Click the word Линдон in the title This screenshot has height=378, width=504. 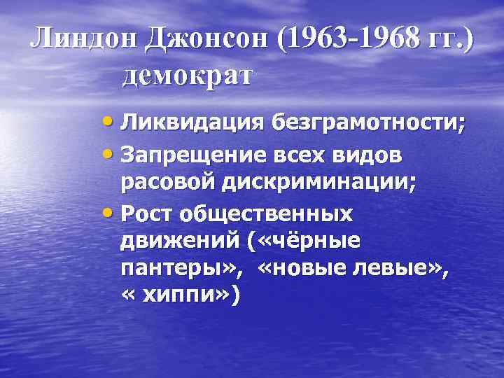[x=83, y=41]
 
